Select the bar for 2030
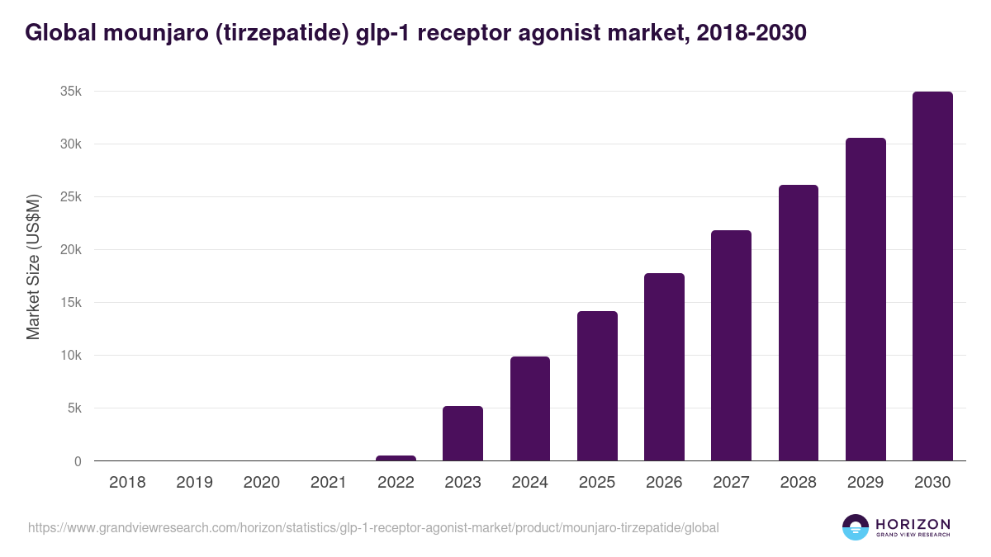tap(932, 276)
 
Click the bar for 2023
tap(462, 433)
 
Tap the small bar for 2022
tap(396, 458)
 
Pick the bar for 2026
tap(664, 367)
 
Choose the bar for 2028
tap(798, 323)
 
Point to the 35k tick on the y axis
tap(70, 92)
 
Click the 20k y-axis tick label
tap(70, 250)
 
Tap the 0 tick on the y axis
tap(78, 461)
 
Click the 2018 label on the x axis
tap(127, 483)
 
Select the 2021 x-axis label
tap(328, 483)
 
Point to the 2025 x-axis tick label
tap(596, 483)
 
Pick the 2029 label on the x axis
tap(865, 483)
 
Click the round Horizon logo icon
tap(856, 527)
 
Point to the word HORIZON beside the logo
tap(913, 524)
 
